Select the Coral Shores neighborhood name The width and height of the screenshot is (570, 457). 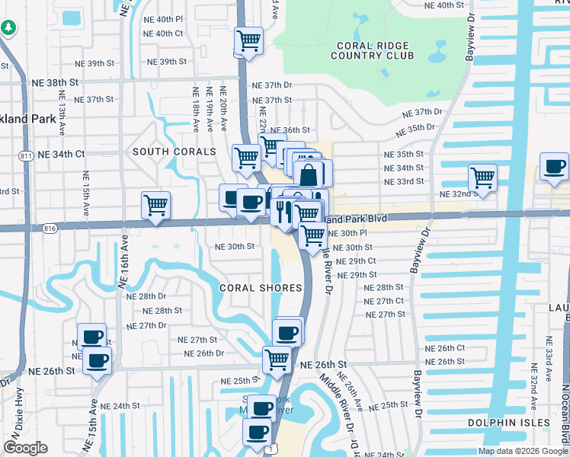click(x=261, y=288)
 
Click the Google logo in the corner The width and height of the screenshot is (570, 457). click(x=26, y=448)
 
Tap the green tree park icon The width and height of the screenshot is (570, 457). click(x=8, y=27)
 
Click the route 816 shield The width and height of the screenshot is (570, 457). click(x=50, y=227)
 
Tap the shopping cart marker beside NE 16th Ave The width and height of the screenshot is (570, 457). click(x=155, y=205)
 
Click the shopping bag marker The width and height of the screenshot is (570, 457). click(x=308, y=174)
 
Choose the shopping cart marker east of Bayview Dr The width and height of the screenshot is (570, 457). click(x=482, y=177)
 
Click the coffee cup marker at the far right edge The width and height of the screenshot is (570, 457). click(x=554, y=166)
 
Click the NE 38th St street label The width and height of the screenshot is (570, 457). click(x=53, y=81)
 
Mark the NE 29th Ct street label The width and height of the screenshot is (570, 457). click(x=357, y=260)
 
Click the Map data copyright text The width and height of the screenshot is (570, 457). click(x=522, y=451)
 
